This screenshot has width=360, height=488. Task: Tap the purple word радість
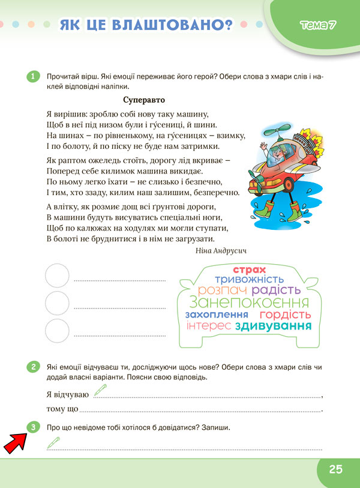[280, 291]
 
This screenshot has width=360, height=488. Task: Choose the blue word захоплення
[217, 315]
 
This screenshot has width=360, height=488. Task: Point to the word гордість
[285, 315]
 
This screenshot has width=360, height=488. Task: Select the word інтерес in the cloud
[209, 326]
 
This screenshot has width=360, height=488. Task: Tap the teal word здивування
[274, 327]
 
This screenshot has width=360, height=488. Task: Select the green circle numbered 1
[33, 76]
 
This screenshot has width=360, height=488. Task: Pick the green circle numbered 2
[33, 367]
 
